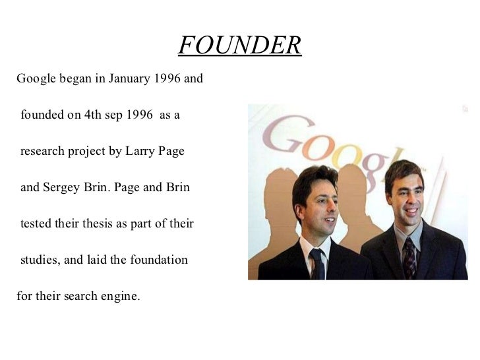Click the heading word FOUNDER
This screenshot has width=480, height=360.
[x=239, y=45]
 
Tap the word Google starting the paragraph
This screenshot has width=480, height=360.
[x=36, y=80]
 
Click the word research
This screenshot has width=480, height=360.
[x=44, y=152]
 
